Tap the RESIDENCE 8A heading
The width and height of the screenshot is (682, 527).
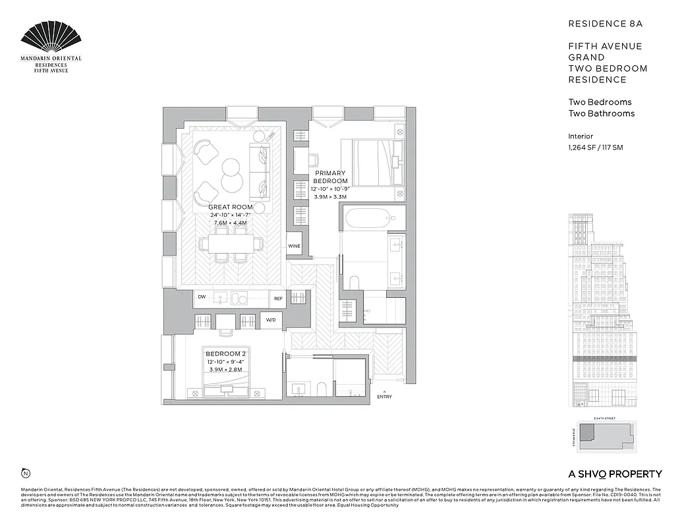[605, 24]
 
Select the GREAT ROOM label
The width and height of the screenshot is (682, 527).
[231, 207]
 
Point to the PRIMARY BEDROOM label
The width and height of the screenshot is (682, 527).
[329, 177]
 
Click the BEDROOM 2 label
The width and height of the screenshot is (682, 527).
[225, 354]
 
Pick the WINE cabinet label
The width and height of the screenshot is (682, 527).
[295, 246]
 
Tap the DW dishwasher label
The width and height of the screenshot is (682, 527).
[202, 298]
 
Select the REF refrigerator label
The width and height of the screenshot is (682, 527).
[279, 298]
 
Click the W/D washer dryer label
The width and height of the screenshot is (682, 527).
[271, 320]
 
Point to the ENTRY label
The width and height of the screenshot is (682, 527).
[384, 397]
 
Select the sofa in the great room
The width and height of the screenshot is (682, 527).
[259, 171]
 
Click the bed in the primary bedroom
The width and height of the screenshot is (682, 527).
[374, 162]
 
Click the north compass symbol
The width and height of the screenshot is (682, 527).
[26, 472]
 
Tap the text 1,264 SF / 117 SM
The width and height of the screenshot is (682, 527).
[595, 148]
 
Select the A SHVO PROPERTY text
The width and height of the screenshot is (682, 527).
[614, 474]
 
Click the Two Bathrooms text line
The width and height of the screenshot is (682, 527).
[601, 113]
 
